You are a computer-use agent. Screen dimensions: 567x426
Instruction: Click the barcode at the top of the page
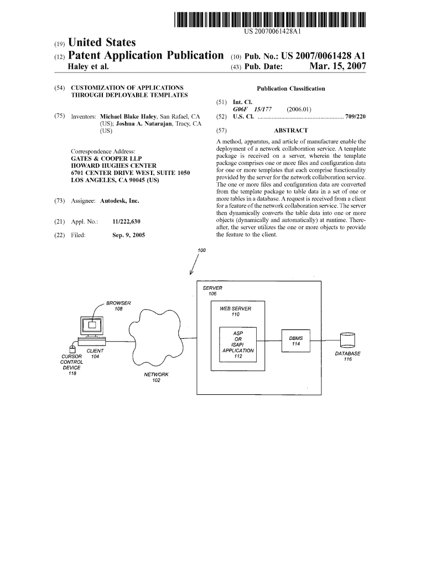click(271, 20)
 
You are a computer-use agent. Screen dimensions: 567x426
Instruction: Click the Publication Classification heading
click(291, 89)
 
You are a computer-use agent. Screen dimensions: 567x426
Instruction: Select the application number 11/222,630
click(127, 222)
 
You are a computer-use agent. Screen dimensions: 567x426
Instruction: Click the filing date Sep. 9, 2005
click(128, 235)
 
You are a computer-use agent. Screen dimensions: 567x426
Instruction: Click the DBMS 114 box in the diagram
click(295, 341)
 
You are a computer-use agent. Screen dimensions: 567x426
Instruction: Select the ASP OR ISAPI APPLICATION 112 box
click(238, 344)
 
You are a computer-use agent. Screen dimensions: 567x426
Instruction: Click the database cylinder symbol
click(348, 340)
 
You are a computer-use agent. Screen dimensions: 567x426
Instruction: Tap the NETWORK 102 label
click(156, 378)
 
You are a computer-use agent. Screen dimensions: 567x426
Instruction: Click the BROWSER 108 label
click(118, 306)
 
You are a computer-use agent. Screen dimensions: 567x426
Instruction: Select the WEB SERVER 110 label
click(236, 311)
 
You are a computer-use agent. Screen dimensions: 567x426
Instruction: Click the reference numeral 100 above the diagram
click(201, 251)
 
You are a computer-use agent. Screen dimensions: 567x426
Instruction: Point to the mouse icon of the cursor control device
click(71, 349)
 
